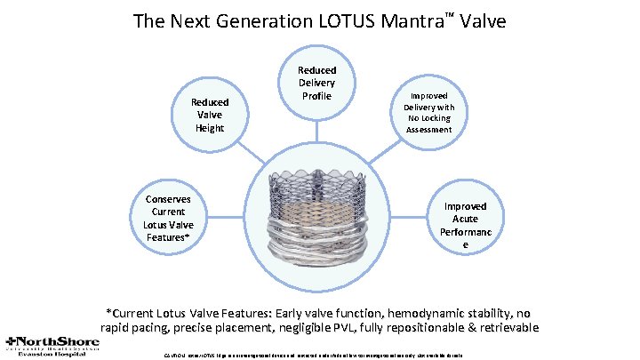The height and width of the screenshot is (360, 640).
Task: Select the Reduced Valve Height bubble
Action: [x=210, y=115]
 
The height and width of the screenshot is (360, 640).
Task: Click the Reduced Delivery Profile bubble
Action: [x=316, y=83]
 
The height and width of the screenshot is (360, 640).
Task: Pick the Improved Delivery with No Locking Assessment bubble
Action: [x=429, y=111]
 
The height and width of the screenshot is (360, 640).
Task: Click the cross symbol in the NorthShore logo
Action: [x=10, y=340]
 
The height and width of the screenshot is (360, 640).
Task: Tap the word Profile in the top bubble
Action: [x=316, y=95]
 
